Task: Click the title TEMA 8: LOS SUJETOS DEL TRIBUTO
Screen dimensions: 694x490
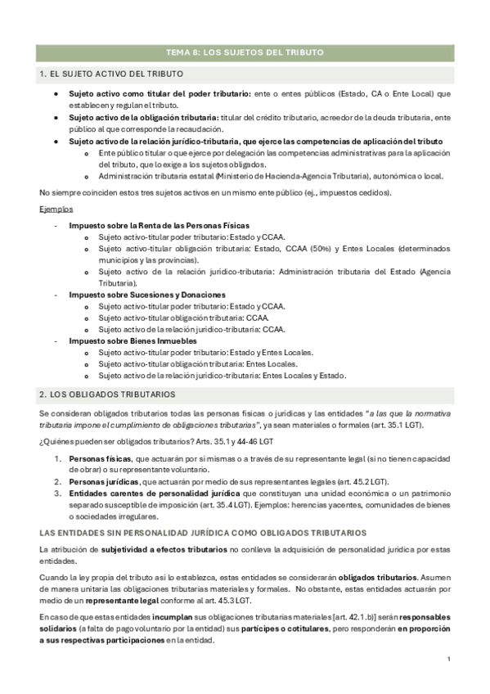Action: pos(245,52)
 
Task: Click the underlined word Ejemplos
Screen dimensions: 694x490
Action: pos(55,210)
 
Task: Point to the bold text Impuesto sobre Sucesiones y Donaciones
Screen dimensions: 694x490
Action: pos(147,295)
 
